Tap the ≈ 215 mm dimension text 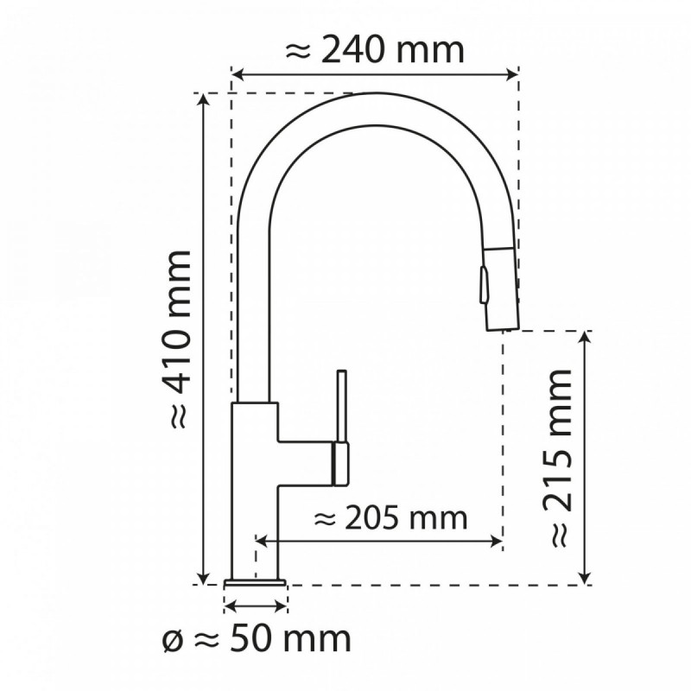coord(559,457)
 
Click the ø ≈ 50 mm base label coord(257,640)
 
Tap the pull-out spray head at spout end coord(499,285)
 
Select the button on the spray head coord(484,284)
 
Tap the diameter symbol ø coord(172,640)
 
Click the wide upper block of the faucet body coord(255,423)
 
